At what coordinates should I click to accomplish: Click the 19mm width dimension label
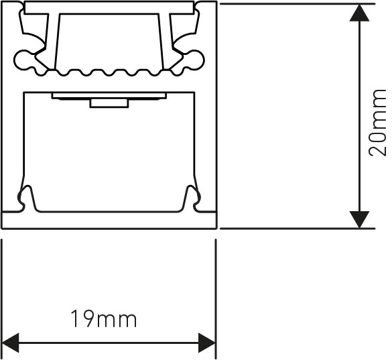(x=104, y=318)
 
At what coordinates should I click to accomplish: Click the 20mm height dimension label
(x=377, y=123)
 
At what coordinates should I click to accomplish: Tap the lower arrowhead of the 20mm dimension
(x=359, y=219)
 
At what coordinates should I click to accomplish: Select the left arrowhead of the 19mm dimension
(x=11, y=343)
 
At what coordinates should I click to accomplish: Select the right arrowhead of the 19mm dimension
(x=207, y=343)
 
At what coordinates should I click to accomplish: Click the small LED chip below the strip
(x=109, y=103)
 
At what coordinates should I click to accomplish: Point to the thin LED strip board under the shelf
(x=109, y=96)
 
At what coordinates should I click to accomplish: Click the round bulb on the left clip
(x=23, y=60)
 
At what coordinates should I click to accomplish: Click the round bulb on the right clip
(x=194, y=60)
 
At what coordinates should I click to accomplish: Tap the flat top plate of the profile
(x=109, y=7)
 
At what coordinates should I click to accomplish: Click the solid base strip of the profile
(x=109, y=220)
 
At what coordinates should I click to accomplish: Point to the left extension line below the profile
(x=2, y=299)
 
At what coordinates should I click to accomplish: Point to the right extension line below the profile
(x=216, y=299)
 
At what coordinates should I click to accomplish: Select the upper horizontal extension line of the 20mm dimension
(x=298, y=4)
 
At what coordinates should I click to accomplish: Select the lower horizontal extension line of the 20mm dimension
(x=298, y=229)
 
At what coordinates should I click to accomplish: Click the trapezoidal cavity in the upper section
(x=109, y=42)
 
